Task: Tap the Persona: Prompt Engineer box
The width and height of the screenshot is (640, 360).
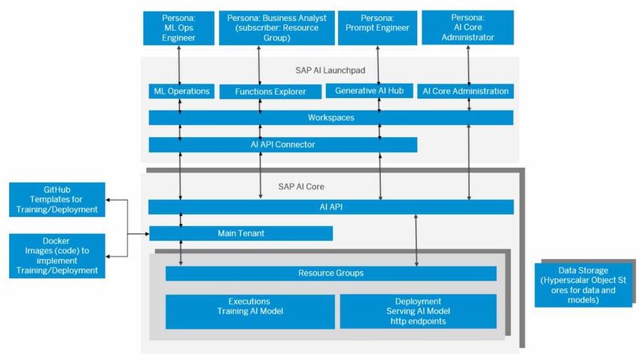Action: (x=374, y=27)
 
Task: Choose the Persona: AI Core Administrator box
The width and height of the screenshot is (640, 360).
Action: (x=468, y=27)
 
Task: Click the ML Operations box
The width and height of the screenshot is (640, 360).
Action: (x=179, y=91)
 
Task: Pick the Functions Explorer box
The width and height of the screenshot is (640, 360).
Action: (x=270, y=91)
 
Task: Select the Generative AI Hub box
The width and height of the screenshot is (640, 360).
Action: (x=370, y=90)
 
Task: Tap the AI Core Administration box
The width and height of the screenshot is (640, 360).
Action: (x=466, y=91)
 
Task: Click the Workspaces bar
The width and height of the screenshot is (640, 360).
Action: (x=331, y=117)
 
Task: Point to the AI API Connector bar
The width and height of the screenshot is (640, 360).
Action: (x=282, y=145)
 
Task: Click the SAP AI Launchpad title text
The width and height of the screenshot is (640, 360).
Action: (x=330, y=70)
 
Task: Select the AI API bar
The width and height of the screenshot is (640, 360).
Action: (x=331, y=206)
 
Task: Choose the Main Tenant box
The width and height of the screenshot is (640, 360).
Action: (x=241, y=233)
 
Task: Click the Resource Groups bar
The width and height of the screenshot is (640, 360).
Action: (x=331, y=273)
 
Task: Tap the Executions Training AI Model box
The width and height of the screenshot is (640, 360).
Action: (x=250, y=311)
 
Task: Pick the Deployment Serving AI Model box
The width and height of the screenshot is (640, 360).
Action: (x=418, y=311)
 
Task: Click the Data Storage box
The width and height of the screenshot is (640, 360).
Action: (x=584, y=285)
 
